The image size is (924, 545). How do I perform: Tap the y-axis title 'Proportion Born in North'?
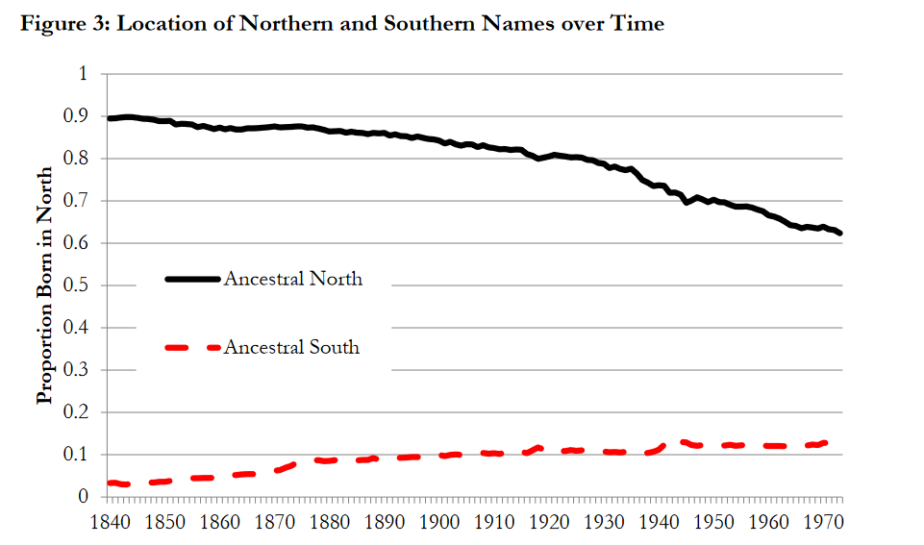45,285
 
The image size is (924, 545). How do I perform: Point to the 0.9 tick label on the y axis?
75,116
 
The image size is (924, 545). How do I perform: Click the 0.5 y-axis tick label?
75,285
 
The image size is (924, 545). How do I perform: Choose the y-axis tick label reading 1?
83,74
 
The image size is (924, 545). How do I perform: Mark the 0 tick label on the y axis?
83,497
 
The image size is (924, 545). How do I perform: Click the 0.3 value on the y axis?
75,370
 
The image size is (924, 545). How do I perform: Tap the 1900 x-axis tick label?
439,522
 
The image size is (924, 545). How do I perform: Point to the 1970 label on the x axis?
824,522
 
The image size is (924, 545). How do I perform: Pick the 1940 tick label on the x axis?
660,522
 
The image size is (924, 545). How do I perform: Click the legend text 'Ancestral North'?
293,279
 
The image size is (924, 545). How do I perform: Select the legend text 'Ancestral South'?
291,347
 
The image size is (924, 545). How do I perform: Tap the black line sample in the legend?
192,279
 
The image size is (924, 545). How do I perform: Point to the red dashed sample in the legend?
192,348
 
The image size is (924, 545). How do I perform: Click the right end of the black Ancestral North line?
839,234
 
